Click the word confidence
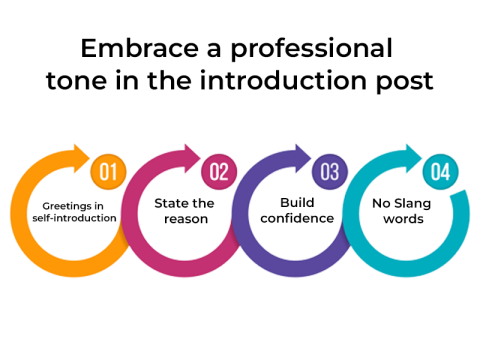(291, 218)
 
